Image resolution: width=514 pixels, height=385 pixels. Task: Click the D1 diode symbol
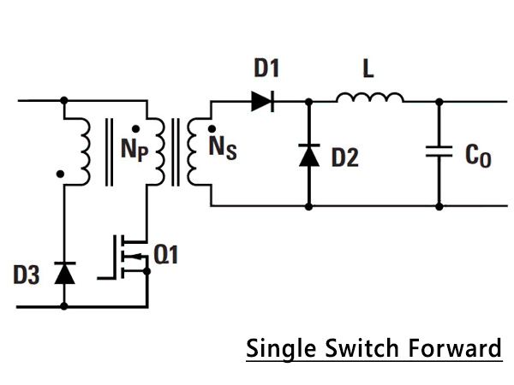pos(263,102)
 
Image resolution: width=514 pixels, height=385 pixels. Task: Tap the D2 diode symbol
pos(309,155)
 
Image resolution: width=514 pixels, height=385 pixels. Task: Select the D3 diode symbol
pos(64,273)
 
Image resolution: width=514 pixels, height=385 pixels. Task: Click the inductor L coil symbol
pos(370,98)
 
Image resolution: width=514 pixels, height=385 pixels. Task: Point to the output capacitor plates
pos(439,151)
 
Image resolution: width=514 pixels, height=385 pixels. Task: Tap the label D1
pos(266,68)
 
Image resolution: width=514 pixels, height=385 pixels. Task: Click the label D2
pos(345,157)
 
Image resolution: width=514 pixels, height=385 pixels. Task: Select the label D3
pos(27,275)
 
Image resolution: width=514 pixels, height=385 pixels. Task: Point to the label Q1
pos(166,254)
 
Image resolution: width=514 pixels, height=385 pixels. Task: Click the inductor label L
pos(368,68)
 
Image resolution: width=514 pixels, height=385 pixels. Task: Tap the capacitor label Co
pos(478,157)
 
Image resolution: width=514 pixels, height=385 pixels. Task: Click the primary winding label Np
pos(134,150)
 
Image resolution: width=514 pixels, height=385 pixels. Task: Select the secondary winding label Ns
pos(223,148)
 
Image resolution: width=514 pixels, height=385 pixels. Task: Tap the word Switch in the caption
pos(362,348)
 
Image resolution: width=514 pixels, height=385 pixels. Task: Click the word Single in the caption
pos(281,350)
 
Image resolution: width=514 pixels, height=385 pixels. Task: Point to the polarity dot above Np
pos(135,129)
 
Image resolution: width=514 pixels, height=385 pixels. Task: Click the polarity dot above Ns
pos(212,128)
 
